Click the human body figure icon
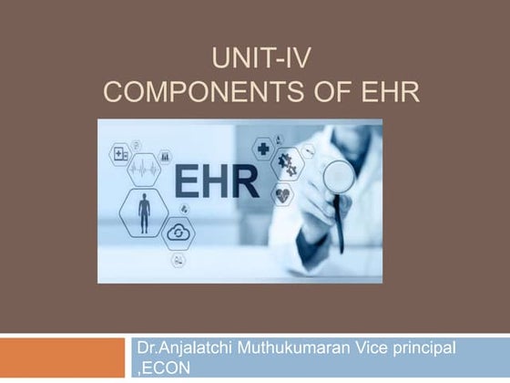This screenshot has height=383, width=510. tap(144, 212)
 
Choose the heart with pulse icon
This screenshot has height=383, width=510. tap(282, 193)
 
